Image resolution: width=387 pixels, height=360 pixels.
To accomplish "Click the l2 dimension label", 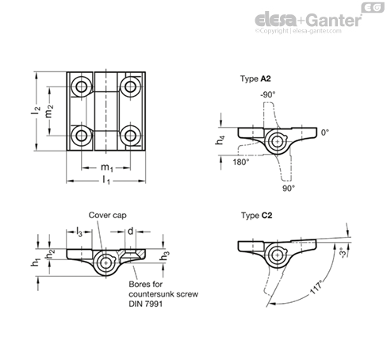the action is [x=36, y=110].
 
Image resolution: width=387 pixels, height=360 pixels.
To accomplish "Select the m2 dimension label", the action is [x=49, y=111].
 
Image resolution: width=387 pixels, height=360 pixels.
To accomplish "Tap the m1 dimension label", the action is [x=107, y=167].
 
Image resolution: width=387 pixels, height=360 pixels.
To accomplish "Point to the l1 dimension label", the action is [x=106, y=180].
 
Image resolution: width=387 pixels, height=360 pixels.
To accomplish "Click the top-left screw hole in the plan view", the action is [x=81, y=86].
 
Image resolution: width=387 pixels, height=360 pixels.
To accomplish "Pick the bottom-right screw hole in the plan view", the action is [x=130, y=136].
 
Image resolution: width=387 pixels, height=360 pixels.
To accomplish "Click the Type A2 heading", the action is [x=255, y=79].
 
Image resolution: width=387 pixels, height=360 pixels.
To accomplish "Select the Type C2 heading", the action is [x=256, y=216].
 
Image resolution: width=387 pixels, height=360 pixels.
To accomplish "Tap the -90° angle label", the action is [x=268, y=94].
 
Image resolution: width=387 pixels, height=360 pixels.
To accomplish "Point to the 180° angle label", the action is [x=241, y=162].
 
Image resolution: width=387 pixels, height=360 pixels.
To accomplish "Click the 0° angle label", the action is [x=325, y=132].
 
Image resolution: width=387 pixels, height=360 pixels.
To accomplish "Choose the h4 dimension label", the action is [x=220, y=140].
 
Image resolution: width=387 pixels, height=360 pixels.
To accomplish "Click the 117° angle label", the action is [x=316, y=287].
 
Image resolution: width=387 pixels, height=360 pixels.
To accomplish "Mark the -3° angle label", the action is [x=343, y=253].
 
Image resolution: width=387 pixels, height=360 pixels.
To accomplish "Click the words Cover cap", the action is [x=108, y=215].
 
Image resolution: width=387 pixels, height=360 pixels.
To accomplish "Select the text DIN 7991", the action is [x=146, y=304].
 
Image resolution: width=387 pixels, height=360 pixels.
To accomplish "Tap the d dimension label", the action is [x=131, y=232].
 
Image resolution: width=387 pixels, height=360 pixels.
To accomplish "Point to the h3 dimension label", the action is [x=164, y=255].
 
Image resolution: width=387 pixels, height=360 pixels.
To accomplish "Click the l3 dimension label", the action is [x=79, y=232].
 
